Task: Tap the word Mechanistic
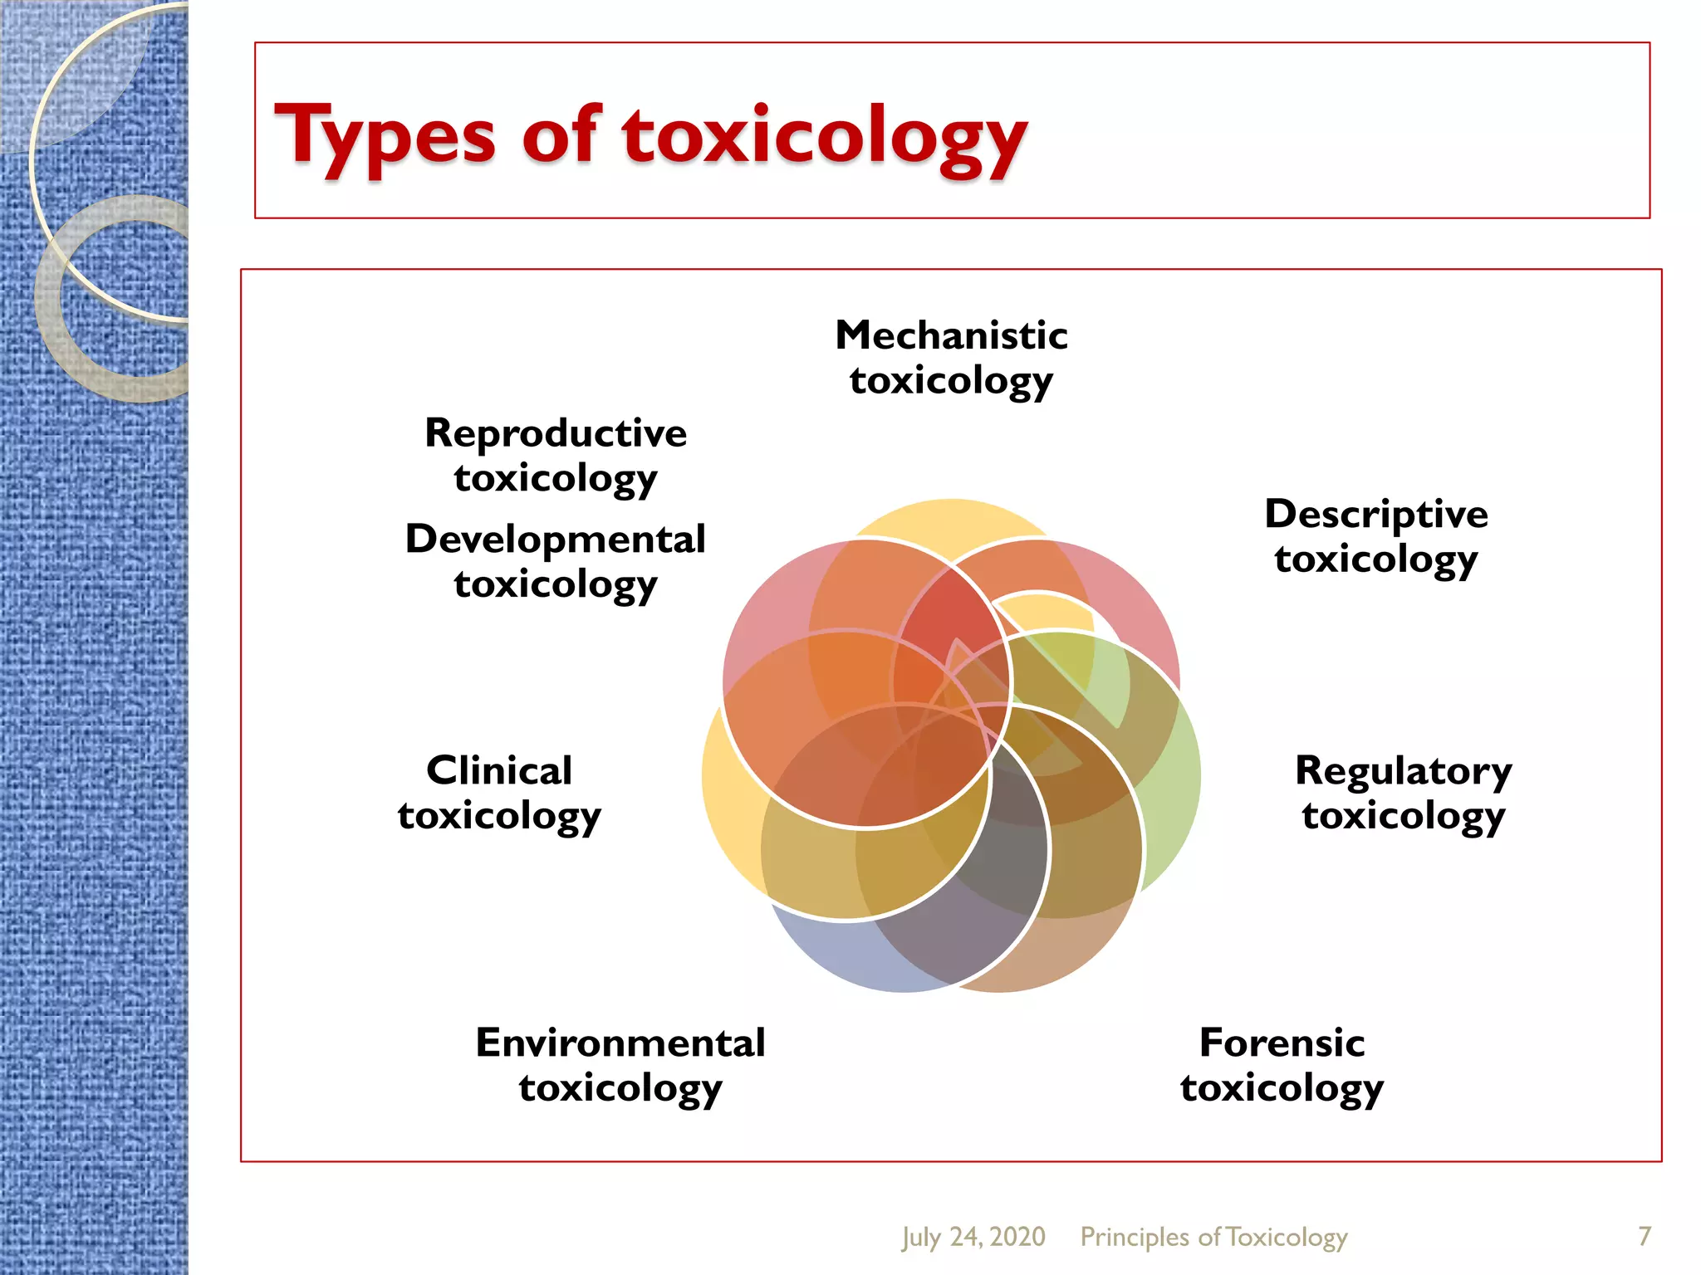(951, 335)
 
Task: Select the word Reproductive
(556, 433)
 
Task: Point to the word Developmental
(556, 540)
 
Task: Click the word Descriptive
(1376, 515)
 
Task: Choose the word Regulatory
(1404, 772)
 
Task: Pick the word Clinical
(499, 770)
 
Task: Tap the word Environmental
(620, 1043)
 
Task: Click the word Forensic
(1282, 1043)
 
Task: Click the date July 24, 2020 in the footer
(973, 1237)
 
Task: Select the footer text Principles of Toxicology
(1213, 1237)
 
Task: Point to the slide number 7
(1644, 1236)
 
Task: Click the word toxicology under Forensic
(1282, 1087)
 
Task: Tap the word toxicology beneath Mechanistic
(951, 381)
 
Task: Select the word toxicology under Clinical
(499, 815)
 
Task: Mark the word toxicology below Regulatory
(1404, 816)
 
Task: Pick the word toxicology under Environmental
(620, 1087)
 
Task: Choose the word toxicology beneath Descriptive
(1376, 559)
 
